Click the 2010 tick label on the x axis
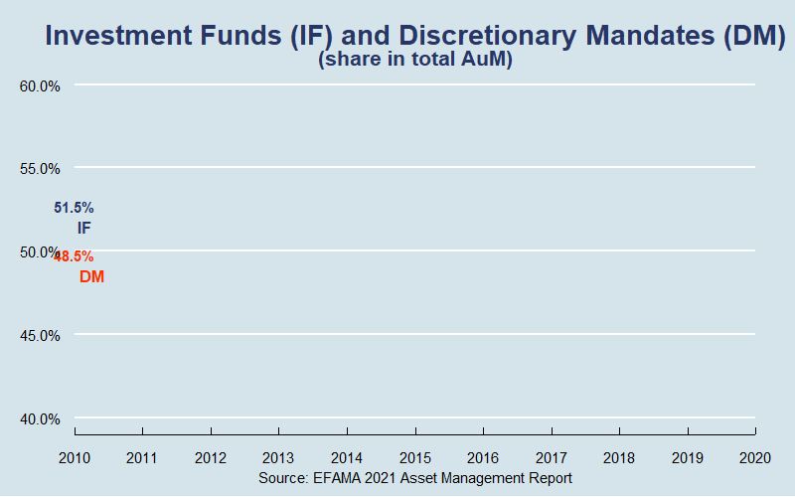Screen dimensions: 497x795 pos(75,458)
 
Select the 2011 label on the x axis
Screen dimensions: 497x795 pos(143,458)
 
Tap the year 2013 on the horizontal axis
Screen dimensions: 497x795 pos(279,458)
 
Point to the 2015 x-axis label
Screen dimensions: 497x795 pos(415,458)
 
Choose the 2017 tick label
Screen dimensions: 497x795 pos(552,458)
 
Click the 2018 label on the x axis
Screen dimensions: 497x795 pos(619,458)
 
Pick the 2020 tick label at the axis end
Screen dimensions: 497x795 pos(755,458)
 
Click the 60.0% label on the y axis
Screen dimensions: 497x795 pos(41,85)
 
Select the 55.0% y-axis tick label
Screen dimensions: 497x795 pos(41,168)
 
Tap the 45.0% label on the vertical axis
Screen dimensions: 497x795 pos(41,335)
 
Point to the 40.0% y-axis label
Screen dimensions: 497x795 pos(41,418)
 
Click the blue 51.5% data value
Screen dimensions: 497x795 pos(74,208)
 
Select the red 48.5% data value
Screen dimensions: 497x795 pos(75,255)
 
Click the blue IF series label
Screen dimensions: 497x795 pos(84,228)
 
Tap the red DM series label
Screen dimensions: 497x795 pos(91,276)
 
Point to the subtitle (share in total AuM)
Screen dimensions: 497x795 pos(414,60)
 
